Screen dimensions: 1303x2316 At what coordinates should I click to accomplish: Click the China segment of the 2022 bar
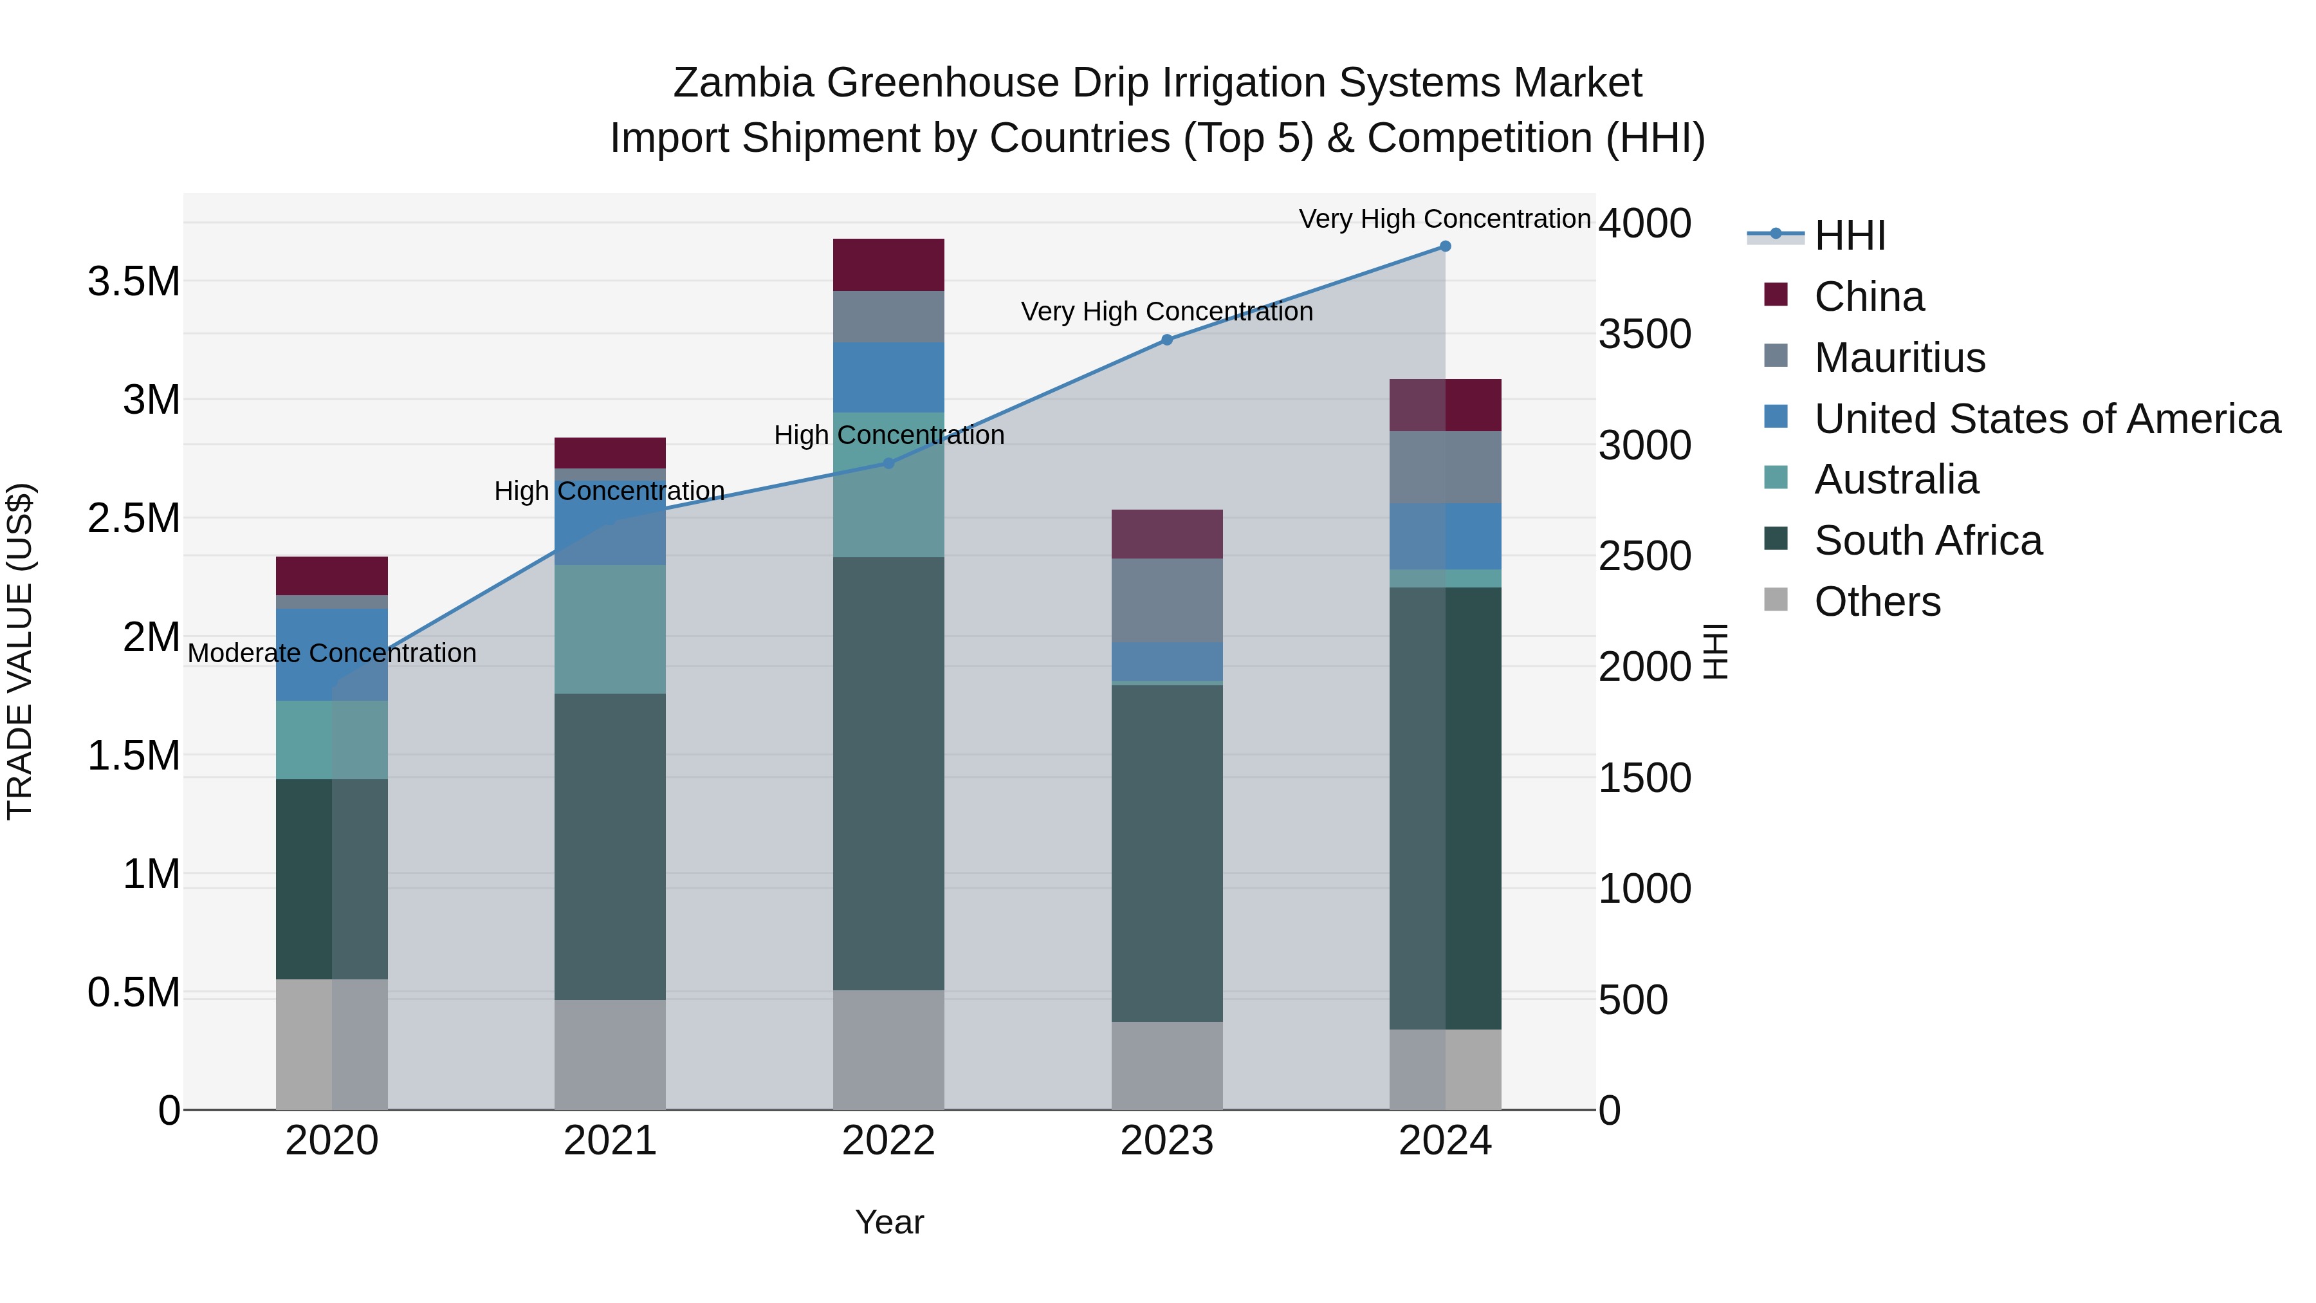pyautogui.click(x=888, y=264)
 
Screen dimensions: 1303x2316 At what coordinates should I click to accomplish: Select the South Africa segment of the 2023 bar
pyautogui.click(x=1167, y=853)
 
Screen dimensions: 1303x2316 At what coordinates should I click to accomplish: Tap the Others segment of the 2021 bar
pyautogui.click(x=610, y=1054)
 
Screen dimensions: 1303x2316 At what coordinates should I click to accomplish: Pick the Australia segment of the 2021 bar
pyautogui.click(x=610, y=629)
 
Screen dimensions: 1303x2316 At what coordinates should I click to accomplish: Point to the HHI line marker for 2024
pyautogui.click(x=1445, y=246)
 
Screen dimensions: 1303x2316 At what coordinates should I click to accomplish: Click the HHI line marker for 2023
pyautogui.click(x=1167, y=340)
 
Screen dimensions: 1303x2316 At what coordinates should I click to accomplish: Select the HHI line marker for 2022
pyautogui.click(x=888, y=463)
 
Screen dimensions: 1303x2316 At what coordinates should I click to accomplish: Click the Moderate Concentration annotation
pyautogui.click(x=332, y=653)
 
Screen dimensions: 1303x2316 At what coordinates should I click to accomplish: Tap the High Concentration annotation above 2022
pyautogui.click(x=888, y=435)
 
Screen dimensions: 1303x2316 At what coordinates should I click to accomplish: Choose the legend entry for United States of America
pyautogui.click(x=2047, y=418)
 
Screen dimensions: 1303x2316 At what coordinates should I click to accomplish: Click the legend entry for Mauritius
pyautogui.click(x=1899, y=357)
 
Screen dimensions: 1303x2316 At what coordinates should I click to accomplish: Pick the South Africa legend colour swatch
pyautogui.click(x=1776, y=540)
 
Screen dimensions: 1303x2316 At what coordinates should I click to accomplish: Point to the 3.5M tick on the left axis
pyautogui.click(x=134, y=281)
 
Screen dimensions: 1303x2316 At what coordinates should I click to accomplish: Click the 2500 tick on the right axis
pyautogui.click(x=1644, y=556)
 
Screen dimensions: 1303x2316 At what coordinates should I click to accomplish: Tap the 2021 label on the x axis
pyautogui.click(x=610, y=1141)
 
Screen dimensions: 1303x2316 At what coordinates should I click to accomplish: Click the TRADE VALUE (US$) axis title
pyautogui.click(x=20, y=651)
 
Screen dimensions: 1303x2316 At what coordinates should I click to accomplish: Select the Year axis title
pyautogui.click(x=888, y=1222)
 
